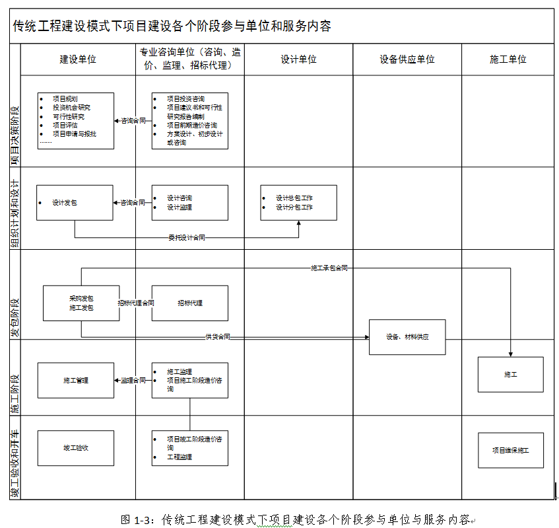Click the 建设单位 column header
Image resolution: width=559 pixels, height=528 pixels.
78,59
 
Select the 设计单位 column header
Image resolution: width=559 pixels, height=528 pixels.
298,59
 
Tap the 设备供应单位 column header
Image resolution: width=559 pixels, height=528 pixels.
407,59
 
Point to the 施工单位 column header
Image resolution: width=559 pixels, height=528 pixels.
508,59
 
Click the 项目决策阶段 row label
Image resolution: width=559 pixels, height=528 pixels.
15,126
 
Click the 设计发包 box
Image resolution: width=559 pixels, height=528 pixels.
75,202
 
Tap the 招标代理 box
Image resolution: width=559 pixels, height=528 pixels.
190,303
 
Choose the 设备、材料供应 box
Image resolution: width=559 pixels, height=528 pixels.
407,337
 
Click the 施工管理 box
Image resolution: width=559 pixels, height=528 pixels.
76,381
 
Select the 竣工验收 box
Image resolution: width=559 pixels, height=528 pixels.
76,448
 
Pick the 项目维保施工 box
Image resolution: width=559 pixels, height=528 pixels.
510,451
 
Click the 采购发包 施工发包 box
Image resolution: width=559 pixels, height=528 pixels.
81,303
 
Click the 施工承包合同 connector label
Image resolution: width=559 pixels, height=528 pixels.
329,268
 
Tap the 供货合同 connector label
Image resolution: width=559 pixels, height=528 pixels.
217,337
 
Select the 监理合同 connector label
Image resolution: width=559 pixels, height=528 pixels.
133,381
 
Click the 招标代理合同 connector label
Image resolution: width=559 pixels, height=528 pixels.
136,303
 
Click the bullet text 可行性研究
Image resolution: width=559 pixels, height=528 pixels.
69,116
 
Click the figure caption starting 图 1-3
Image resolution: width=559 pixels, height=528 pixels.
294,519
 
